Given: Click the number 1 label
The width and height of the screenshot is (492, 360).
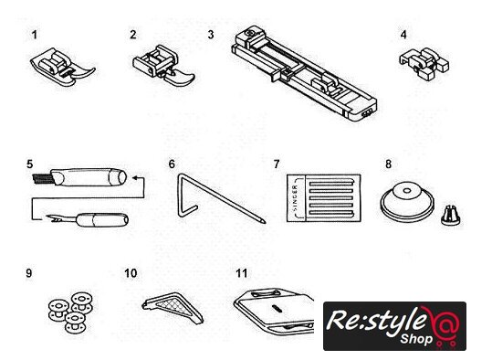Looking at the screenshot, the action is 35,35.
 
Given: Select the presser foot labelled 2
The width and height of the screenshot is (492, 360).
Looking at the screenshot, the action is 163,67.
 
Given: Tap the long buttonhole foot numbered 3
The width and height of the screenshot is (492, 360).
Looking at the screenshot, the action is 304,73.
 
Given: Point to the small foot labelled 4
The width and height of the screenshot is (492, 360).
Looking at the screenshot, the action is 424,64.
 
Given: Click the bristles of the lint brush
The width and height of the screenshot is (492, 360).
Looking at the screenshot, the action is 42,179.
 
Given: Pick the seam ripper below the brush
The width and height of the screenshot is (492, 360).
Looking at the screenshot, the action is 88,219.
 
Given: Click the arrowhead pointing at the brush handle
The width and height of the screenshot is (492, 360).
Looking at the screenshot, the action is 134,178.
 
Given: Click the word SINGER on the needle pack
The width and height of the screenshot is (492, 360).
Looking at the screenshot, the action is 295,198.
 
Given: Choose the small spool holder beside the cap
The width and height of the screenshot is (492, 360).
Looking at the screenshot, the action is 450,216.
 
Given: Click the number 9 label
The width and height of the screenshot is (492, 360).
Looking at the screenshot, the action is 29,273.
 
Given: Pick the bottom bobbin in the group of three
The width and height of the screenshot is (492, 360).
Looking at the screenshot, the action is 75,323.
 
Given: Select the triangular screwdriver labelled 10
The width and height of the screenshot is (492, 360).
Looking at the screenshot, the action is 173,307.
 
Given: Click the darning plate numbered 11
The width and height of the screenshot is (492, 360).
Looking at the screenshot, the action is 274,312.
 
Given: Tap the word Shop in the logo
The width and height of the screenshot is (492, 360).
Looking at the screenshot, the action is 416,339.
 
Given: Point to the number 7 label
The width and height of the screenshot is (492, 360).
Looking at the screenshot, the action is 277,164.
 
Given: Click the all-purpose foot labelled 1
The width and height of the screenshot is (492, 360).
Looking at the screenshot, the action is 62,67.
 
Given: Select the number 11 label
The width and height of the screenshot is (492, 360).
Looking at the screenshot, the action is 242,273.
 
